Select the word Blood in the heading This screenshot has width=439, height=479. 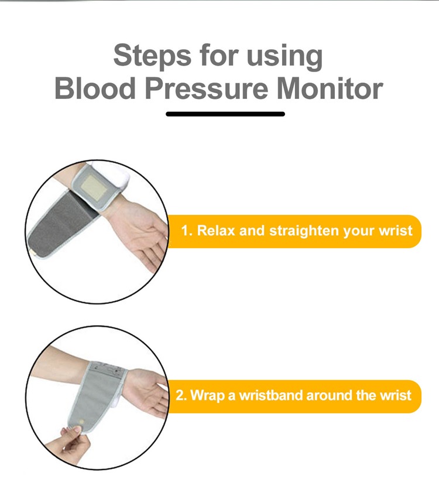(95, 88)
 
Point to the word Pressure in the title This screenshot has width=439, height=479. (207, 88)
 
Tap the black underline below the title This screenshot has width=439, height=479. (225, 114)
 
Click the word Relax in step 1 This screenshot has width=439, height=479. (216, 231)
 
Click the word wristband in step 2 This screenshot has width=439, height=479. (272, 395)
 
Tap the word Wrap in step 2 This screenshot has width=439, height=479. (208, 396)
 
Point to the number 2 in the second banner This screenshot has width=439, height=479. (181, 395)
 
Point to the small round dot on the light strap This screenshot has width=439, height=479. (81, 422)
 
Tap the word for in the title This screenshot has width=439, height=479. (219, 55)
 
